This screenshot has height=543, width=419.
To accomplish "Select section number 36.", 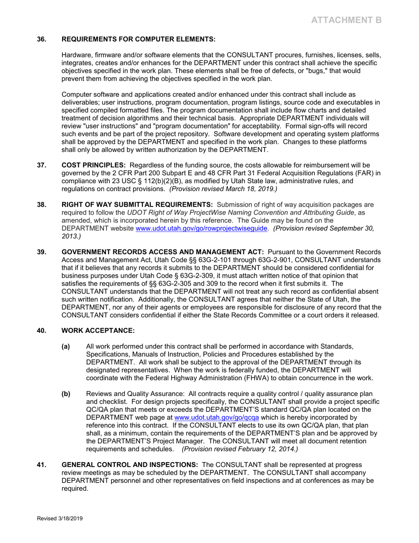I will pos(41,39).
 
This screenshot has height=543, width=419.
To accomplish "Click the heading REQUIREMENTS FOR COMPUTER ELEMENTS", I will pos(138,39).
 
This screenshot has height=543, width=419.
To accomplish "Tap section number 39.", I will pos(41,252).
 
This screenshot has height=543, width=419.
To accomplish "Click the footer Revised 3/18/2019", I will pos(60,519).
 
